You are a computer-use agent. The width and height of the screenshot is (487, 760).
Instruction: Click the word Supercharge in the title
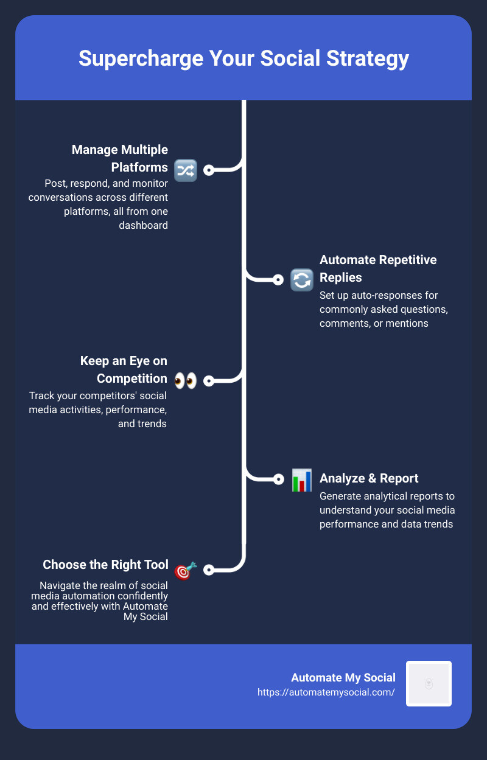pos(141,58)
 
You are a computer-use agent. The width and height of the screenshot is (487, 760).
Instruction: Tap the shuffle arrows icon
pos(186,170)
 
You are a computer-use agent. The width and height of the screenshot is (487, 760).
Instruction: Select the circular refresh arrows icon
pos(302,280)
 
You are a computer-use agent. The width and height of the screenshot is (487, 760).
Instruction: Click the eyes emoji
pos(186,381)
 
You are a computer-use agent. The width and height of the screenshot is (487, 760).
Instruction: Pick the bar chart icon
pos(302,480)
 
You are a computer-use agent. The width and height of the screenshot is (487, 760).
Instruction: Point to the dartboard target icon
pos(186,571)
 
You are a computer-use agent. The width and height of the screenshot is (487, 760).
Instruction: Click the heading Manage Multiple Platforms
pos(120,158)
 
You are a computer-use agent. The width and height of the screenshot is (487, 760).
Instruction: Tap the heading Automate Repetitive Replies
pos(378,268)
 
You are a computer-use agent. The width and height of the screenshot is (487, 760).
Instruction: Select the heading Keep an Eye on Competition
pos(124,369)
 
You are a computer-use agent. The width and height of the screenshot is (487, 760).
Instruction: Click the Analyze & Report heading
pos(369,478)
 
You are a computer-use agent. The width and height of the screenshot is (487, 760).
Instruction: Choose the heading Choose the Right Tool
pos(105,565)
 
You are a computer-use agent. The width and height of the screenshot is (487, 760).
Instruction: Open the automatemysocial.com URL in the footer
pos(326,692)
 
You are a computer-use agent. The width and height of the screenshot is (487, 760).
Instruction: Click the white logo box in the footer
pos(429,683)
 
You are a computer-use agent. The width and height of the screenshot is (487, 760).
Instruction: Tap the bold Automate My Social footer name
pos(343,678)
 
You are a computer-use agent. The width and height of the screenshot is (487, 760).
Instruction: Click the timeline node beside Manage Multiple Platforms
pos(209,170)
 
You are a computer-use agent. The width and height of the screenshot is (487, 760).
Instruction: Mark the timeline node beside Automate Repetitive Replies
pos(278,280)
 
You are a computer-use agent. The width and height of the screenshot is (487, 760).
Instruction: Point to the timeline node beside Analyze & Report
pos(278,479)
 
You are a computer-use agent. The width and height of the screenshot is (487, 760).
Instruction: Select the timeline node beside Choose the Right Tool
pos(209,570)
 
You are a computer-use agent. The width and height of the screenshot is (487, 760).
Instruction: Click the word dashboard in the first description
pos(143,225)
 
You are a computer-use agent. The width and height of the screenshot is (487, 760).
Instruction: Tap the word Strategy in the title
pos(368,58)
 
